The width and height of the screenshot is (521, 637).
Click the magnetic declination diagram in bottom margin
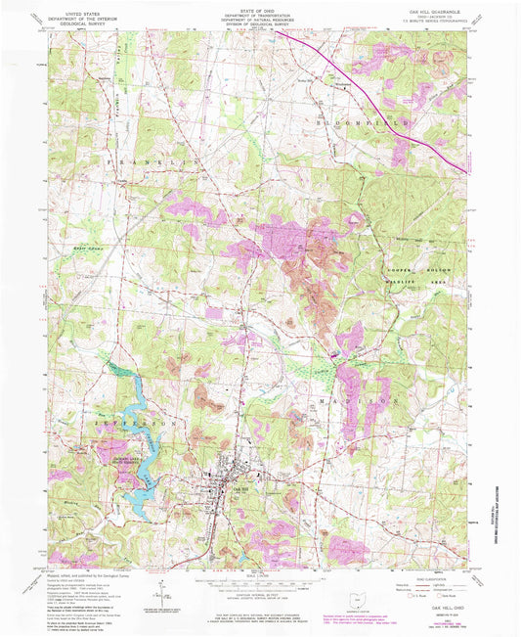[x=179, y=590]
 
